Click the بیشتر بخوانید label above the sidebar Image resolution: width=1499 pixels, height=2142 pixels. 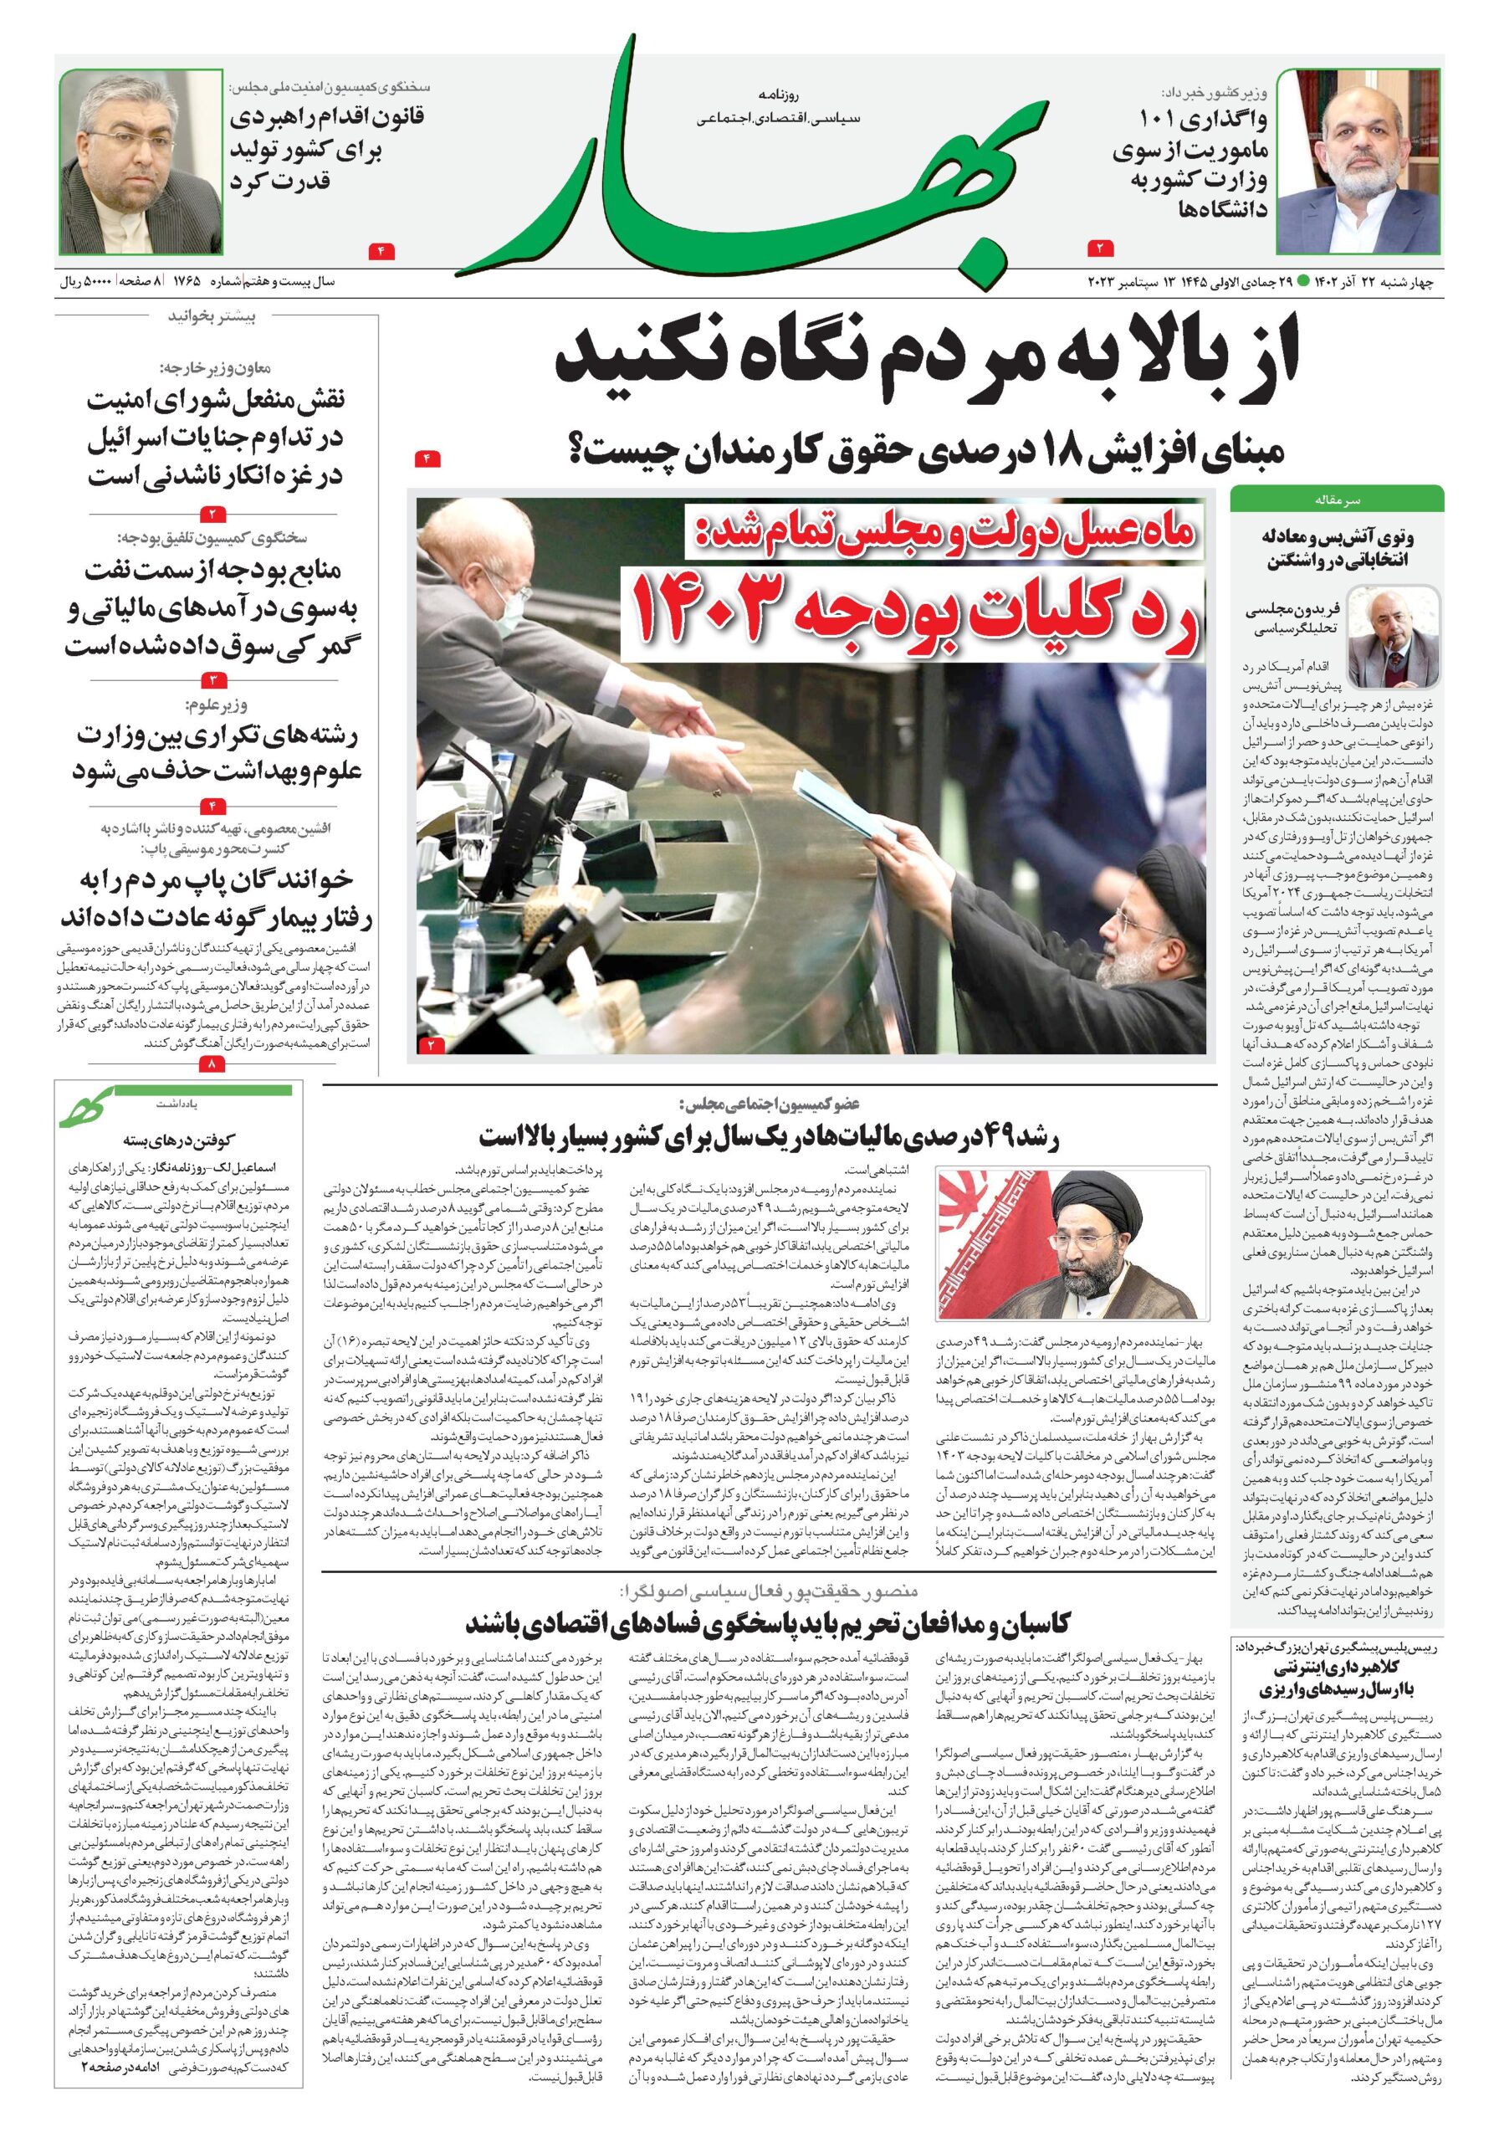click(212, 317)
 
